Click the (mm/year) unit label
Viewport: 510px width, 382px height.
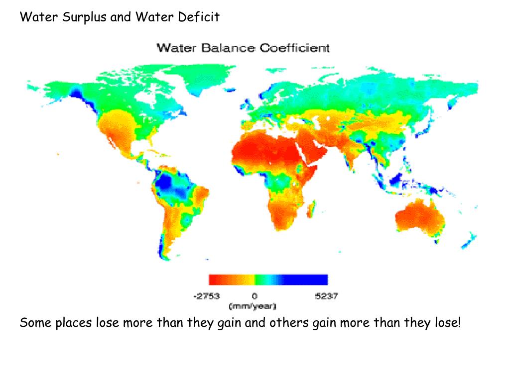253,305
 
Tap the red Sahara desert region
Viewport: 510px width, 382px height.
264,149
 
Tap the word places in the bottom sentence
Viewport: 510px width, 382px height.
73,324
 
